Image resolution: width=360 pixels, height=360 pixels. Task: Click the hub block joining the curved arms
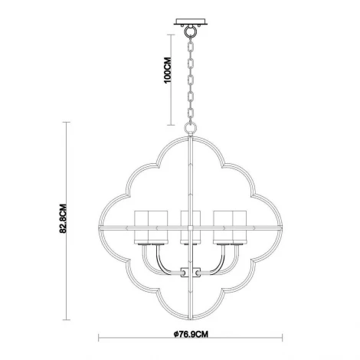[x=184, y=270]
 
